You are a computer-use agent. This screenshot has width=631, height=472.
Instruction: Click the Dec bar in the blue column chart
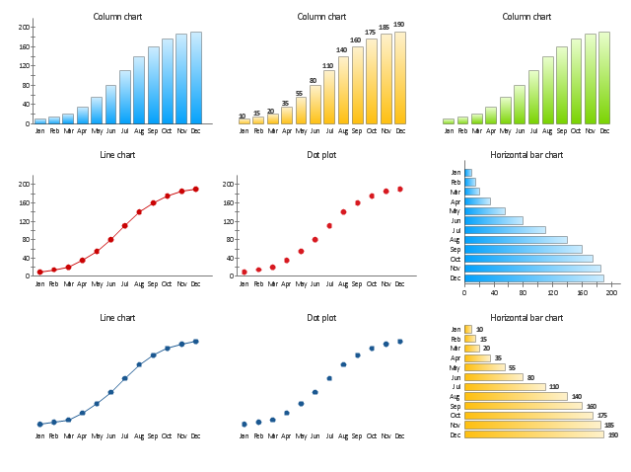coord(195,78)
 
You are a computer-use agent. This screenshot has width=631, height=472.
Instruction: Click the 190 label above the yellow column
coord(399,25)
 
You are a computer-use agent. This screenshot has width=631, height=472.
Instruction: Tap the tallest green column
coord(603,78)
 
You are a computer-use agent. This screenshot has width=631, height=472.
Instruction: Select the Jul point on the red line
coord(124,225)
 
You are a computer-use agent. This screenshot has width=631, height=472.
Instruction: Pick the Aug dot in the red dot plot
coord(343,211)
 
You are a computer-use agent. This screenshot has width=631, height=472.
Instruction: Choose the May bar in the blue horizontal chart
coord(484,210)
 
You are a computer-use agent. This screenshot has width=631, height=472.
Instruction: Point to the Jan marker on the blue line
coord(39,424)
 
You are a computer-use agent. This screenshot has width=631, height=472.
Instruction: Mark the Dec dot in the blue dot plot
coord(399,342)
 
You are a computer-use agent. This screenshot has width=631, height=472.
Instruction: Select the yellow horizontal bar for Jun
coord(493,377)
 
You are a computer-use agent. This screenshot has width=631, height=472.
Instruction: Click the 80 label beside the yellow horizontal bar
coord(530,377)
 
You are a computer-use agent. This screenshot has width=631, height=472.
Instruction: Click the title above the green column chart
coord(526,17)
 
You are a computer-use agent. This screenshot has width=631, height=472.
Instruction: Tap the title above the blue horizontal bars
coord(526,155)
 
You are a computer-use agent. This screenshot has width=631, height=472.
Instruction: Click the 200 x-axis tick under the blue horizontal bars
coord(611,292)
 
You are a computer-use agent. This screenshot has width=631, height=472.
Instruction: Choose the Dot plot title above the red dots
coord(321,155)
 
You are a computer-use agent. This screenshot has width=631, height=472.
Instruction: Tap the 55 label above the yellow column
coord(300,93)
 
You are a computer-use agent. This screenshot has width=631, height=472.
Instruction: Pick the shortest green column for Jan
coord(449,121)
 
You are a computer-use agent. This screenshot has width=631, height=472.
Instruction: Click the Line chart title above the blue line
coord(117,318)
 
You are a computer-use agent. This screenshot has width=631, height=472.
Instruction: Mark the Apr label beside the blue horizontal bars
coord(456,201)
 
